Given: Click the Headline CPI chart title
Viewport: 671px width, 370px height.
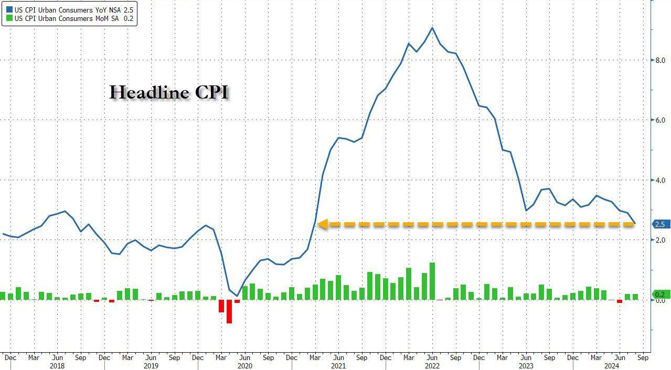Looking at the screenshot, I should pos(169,93).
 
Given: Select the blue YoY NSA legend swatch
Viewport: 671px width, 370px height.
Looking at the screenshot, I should pos(9,9).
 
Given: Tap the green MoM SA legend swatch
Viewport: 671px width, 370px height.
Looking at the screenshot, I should pos(9,18).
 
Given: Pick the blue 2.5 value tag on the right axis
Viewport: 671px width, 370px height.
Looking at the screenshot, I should pos(659,224).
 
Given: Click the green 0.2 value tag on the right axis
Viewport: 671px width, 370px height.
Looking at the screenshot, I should pos(659,295).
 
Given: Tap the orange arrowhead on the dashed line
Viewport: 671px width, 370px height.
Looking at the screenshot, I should pos(321,224).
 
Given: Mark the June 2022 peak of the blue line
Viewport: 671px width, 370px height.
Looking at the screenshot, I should pos(432,28).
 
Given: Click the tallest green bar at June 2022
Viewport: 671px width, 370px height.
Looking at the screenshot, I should pos(432,281).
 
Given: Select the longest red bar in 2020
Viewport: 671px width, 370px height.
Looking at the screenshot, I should pos(229,311).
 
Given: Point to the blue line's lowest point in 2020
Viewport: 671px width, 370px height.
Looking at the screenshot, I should pos(237,296).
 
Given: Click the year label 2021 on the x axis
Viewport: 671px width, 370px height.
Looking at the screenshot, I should pos(338,366).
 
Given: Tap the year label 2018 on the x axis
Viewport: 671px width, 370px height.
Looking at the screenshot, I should pos(57,366).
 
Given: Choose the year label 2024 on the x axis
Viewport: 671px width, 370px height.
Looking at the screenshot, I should pos(612,366).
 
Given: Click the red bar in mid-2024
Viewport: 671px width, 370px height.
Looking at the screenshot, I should pos(619,301).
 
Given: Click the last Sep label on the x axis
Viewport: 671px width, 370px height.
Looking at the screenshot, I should pos(643,358).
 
